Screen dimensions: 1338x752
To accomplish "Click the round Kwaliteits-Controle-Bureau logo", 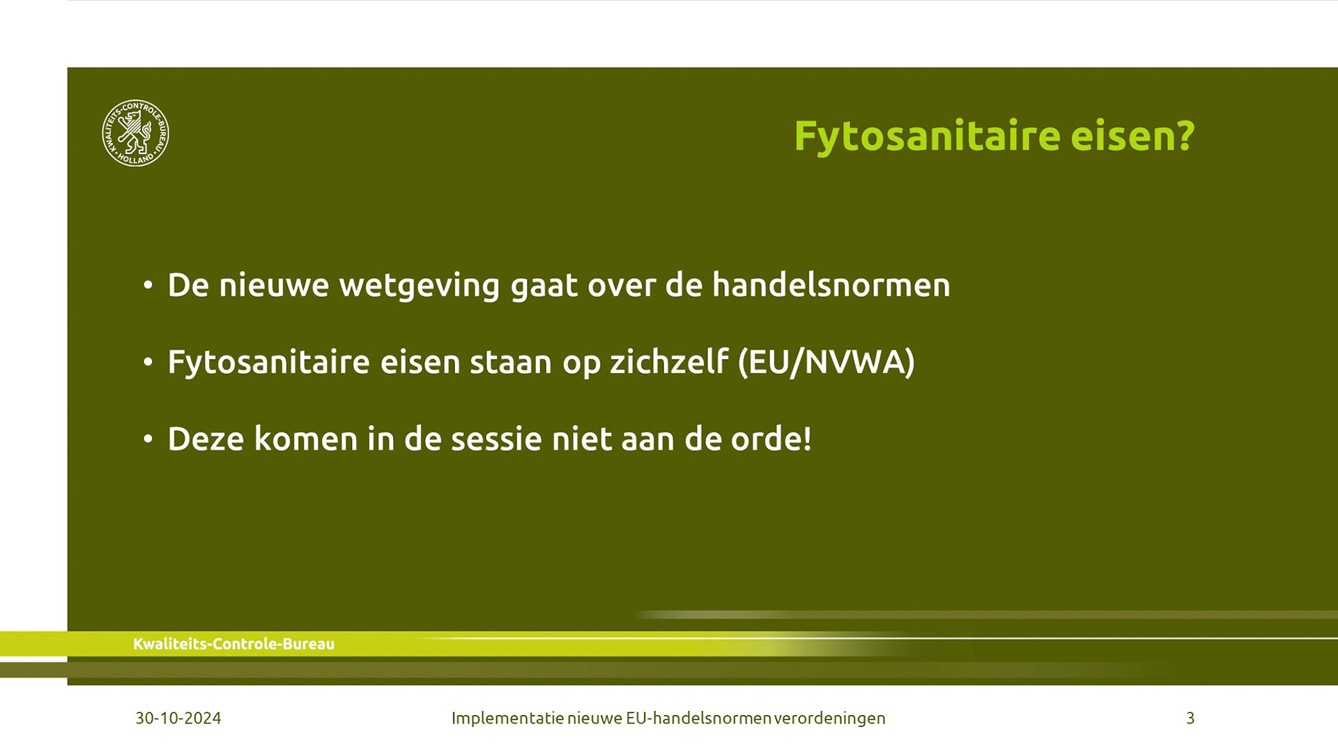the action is click(x=135, y=133).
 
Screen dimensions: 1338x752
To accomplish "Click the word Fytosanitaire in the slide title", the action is click(x=927, y=136).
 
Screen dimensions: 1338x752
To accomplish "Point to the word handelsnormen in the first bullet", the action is click(x=831, y=285).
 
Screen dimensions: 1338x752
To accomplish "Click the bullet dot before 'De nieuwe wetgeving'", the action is click(x=148, y=285).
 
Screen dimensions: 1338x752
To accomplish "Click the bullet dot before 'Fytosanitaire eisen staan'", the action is click(x=148, y=362).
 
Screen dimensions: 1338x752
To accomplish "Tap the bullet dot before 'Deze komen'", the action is click(x=148, y=438).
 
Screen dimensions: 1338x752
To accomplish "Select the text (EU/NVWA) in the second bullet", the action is click(x=826, y=362).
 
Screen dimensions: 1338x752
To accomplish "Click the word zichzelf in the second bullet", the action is click(x=669, y=362).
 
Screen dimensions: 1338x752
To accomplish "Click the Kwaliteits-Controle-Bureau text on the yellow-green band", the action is click(x=233, y=644).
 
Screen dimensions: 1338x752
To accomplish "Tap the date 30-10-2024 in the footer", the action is click(x=178, y=718).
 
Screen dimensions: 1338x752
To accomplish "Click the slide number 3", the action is click(x=1190, y=718).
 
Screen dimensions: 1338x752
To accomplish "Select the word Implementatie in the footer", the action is click(x=507, y=719).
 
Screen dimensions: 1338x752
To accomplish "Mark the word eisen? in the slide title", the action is click(x=1133, y=136).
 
